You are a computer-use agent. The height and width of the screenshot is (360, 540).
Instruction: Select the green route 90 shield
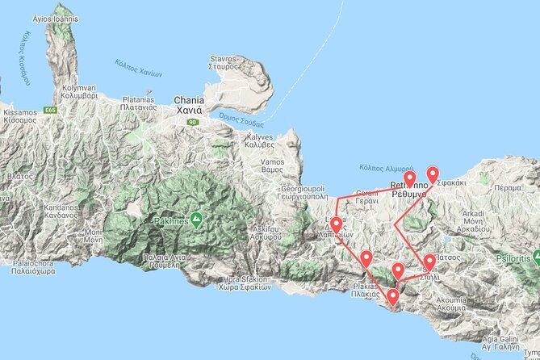pos(191,121)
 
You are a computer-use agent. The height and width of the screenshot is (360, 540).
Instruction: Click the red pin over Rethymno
pos(409,179)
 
